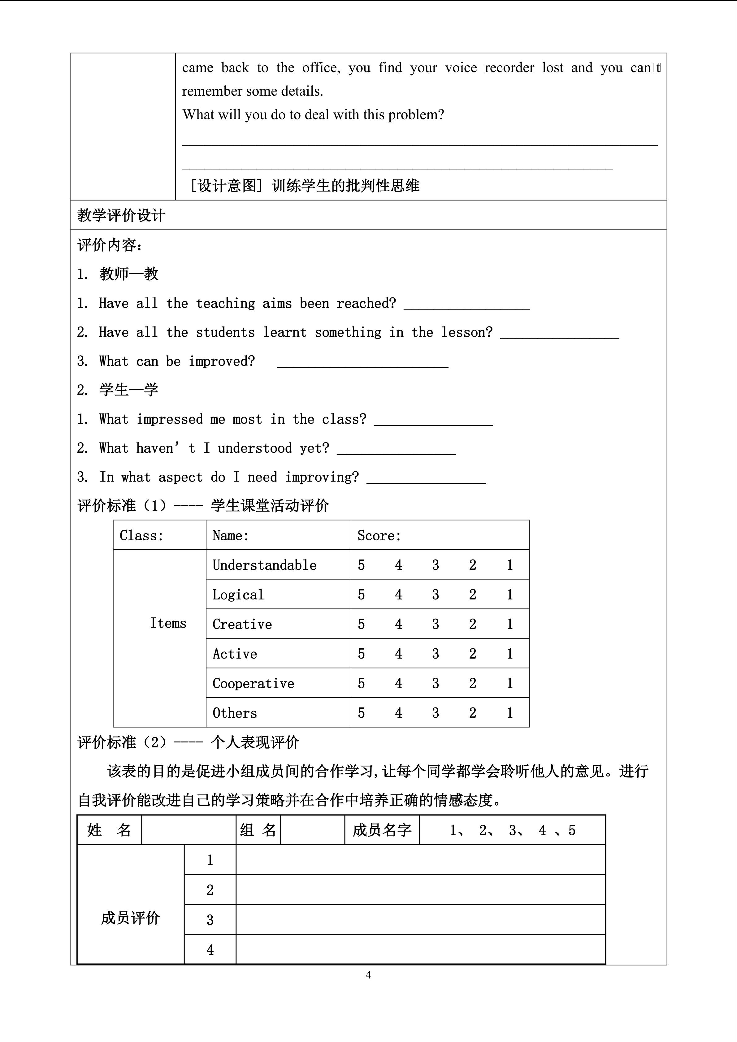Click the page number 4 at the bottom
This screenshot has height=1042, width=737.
coord(368,974)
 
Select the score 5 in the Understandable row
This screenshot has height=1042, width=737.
coord(361,565)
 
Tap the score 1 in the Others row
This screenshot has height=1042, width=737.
coord(509,713)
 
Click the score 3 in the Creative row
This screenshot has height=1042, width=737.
coord(435,625)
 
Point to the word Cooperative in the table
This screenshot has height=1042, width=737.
coord(253,683)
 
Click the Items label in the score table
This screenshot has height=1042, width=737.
coord(168,623)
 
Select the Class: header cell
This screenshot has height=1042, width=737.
coord(141,535)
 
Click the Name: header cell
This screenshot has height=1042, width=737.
coord(231,535)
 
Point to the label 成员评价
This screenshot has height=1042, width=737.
coord(130,918)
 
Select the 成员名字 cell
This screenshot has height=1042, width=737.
coord(382,830)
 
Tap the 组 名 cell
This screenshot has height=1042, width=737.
coord(258,830)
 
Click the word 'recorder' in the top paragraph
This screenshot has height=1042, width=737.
coord(509,68)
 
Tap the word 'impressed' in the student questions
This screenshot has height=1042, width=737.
coord(170,419)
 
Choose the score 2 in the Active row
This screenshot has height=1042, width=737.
coord(472,654)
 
